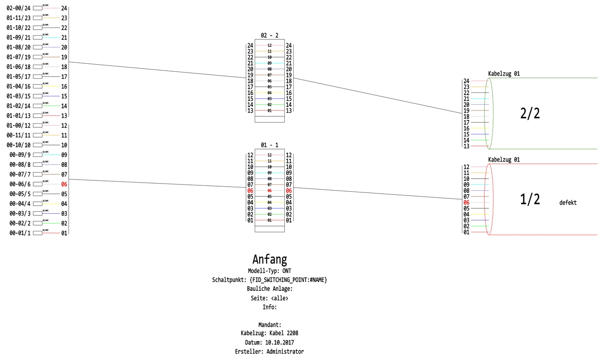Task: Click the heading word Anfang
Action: (x=269, y=259)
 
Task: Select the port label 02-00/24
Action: (x=19, y=8)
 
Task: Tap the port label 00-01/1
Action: (x=20, y=233)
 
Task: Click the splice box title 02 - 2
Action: (x=269, y=35)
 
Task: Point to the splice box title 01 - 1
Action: (x=269, y=145)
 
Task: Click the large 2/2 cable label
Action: (x=530, y=114)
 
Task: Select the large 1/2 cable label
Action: (x=530, y=199)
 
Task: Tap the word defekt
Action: (x=568, y=203)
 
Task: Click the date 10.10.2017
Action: (x=279, y=342)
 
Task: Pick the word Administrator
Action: (x=285, y=352)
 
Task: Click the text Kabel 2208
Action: (x=287, y=333)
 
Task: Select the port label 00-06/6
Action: (x=20, y=184)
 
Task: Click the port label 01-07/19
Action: (x=19, y=57)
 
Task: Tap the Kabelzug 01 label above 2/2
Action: (x=504, y=74)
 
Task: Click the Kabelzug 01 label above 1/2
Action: (x=504, y=160)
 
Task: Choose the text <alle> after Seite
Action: (x=279, y=298)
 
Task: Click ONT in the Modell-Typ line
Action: (x=287, y=271)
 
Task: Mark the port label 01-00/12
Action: (x=19, y=126)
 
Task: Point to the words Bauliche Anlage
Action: (x=270, y=289)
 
